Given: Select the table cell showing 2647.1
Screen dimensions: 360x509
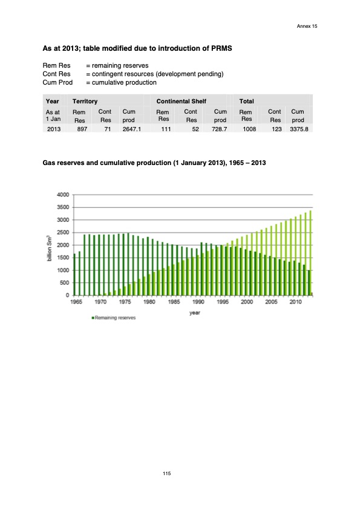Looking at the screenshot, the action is coord(131,129).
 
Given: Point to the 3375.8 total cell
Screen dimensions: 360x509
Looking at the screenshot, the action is coord(296,129).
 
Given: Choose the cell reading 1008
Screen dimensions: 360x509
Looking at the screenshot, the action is coord(249,129).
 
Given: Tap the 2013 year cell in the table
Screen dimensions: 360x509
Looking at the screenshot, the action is coord(54,129).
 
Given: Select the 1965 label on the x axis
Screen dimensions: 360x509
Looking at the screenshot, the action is coord(77,302).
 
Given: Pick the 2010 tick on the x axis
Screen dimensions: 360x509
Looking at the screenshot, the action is coord(296,302).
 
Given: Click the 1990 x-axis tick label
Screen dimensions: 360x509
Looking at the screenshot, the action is coord(198,302).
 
